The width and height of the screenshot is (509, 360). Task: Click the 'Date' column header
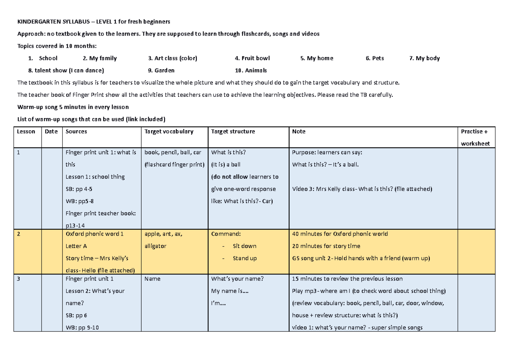click(x=51, y=132)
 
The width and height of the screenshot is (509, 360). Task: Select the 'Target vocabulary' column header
click(x=169, y=132)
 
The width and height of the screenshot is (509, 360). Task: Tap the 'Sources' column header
click(x=76, y=132)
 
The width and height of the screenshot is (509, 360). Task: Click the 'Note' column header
click(x=299, y=132)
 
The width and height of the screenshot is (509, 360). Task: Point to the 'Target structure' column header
click(x=233, y=132)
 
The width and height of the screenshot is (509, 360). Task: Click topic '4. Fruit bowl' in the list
click(x=252, y=58)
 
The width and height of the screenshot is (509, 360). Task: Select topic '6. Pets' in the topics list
click(x=375, y=58)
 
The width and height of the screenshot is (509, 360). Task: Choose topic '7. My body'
click(x=425, y=58)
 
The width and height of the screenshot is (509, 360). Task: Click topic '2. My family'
click(x=100, y=58)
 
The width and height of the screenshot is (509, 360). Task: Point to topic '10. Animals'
click(x=251, y=70)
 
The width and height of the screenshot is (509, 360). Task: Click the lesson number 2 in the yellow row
click(x=19, y=234)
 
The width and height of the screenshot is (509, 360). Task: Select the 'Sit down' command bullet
click(x=244, y=246)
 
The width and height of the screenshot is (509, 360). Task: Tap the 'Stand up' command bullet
click(x=244, y=259)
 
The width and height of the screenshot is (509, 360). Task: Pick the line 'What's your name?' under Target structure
click(x=238, y=279)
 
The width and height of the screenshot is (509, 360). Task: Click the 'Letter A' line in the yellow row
click(x=76, y=246)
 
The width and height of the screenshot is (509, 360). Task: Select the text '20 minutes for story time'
click(x=326, y=246)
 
